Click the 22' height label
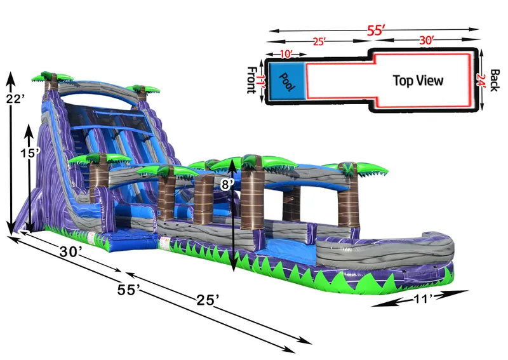pos(15,100)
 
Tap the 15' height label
pos(30,153)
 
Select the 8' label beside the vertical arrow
pos(227,185)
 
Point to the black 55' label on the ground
pos(128,290)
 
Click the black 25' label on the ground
pos(208,300)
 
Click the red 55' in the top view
pos(375,30)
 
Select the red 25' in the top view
pos(319,42)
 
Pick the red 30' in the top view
pos(426,41)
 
